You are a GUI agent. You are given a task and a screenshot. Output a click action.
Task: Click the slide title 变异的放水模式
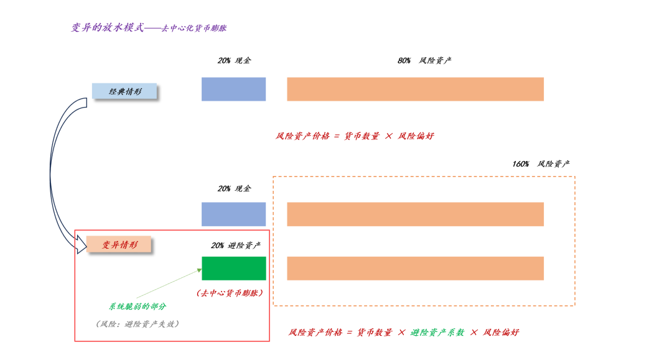[108, 28]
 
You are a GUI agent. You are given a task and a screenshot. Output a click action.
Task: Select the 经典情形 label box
[124, 91]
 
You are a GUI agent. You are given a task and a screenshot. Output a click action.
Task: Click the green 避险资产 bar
[233, 268]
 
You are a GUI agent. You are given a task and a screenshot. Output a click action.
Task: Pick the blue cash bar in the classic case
[233, 89]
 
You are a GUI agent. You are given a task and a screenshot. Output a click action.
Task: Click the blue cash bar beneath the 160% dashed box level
[233, 214]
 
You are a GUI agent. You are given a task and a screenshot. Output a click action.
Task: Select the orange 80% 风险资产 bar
[415, 89]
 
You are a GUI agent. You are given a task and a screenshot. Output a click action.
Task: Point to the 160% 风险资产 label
[541, 164]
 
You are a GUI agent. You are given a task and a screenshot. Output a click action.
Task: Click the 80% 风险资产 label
[424, 61]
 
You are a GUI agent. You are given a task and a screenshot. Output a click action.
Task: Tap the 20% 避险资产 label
[236, 246]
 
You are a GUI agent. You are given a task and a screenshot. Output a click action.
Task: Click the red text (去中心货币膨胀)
[229, 293]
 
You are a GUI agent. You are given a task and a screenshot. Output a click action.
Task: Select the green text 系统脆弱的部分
[138, 307]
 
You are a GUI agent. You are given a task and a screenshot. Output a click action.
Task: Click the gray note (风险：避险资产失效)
[138, 324]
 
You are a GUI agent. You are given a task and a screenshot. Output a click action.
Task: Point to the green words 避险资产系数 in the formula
[437, 333]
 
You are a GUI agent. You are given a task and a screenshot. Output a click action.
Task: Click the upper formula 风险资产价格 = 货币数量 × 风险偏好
[355, 136]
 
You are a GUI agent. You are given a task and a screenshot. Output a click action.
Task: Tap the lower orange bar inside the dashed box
[415, 268]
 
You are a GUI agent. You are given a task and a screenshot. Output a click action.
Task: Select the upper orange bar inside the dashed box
[415, 214]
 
